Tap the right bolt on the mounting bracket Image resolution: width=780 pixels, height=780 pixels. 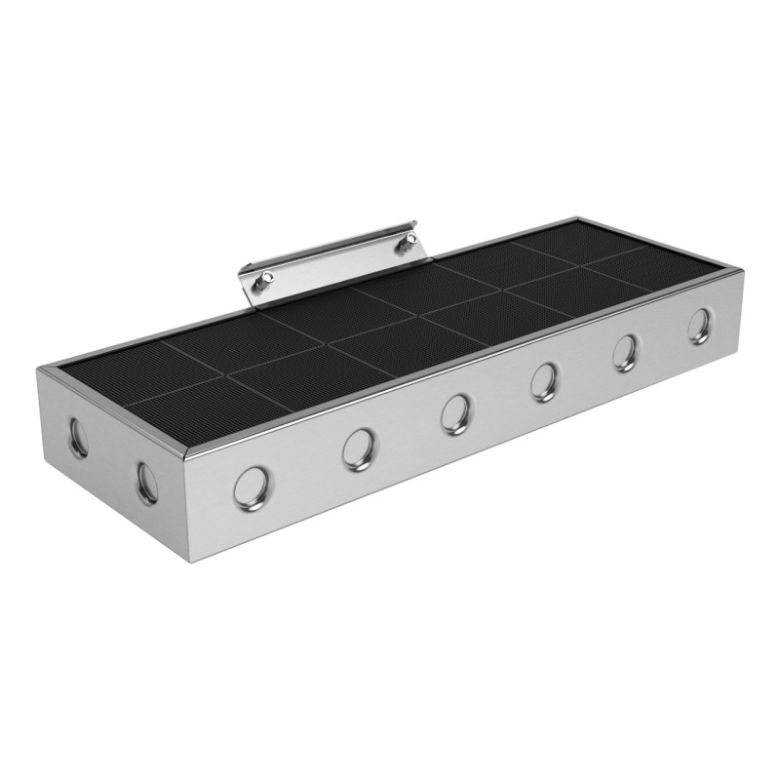(x=402, y=248)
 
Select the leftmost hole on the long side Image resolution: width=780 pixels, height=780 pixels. (x=252, y=487)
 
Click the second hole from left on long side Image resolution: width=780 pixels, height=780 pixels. (x=359, y=448)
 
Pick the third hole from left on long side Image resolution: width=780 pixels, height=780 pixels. (x=454, y=413)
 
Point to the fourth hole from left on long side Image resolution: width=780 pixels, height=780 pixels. (x=544, y=381)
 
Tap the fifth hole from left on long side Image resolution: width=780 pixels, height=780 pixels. (x=626, y=352)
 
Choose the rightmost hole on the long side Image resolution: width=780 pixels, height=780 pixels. (x=699, y=326)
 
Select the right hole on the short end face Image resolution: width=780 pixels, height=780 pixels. (x=147, y=482)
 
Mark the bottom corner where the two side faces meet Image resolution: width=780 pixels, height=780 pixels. (x=186, y=561)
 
